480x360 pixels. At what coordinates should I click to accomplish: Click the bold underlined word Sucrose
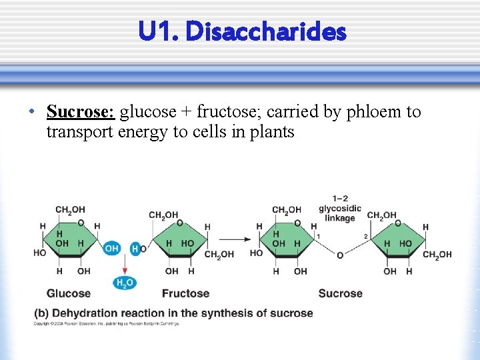[x=80, y=111]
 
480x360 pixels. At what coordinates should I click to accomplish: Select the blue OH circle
[x=111, y=248]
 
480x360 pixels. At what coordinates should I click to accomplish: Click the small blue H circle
[x=135, y=249]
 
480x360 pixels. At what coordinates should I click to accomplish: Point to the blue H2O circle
[x=125, y=283]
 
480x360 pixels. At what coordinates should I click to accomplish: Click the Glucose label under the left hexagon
[x=68, y=293]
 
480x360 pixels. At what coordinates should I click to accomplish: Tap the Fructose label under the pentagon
[x=185, y=293]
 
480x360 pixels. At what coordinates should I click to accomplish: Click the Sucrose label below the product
[x=340, y=293]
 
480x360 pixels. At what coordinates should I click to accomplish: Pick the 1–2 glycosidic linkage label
[x=340, y=208]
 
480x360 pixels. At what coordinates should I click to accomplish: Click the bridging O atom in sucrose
[x=340, y=255]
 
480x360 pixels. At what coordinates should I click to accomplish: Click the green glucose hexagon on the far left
[x=70, y=241]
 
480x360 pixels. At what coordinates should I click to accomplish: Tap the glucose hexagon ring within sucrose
[x=287, y=241]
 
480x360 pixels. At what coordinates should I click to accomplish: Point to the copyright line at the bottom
[x=107, y=324]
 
